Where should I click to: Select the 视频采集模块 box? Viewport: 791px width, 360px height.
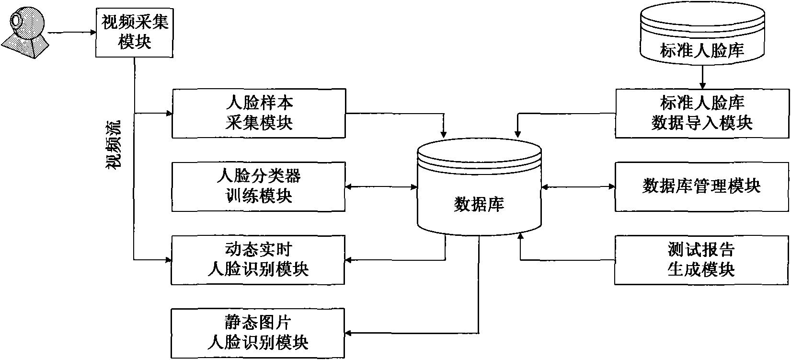tap(135, 33)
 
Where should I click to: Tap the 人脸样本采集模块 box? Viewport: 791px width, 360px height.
tap(258, 113)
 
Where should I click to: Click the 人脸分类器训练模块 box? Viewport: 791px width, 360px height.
tap(258, 186)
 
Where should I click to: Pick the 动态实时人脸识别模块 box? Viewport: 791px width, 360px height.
tap(258, 260)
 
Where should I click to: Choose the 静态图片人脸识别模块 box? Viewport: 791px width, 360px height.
tap(258, 334)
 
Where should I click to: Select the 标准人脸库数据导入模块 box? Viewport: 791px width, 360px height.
tap(702, 113)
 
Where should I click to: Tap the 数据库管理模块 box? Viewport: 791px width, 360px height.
tap(702, 186)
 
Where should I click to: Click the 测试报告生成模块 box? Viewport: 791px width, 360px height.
tap(702, 260)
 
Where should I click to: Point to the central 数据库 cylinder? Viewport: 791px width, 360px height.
tap(479, 192)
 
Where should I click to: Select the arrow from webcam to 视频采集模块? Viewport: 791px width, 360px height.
tap(72, 33)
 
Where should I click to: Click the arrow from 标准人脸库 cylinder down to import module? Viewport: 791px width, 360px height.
tap(702, 77)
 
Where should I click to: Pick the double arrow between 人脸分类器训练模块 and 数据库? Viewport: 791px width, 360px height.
tap(381, 186)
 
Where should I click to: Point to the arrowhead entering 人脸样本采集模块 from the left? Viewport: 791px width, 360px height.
tap(168, 114)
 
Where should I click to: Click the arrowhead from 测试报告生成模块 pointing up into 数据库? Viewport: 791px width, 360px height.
tap(520, 236)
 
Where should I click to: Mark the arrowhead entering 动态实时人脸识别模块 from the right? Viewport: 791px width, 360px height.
tap(349, 260)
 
